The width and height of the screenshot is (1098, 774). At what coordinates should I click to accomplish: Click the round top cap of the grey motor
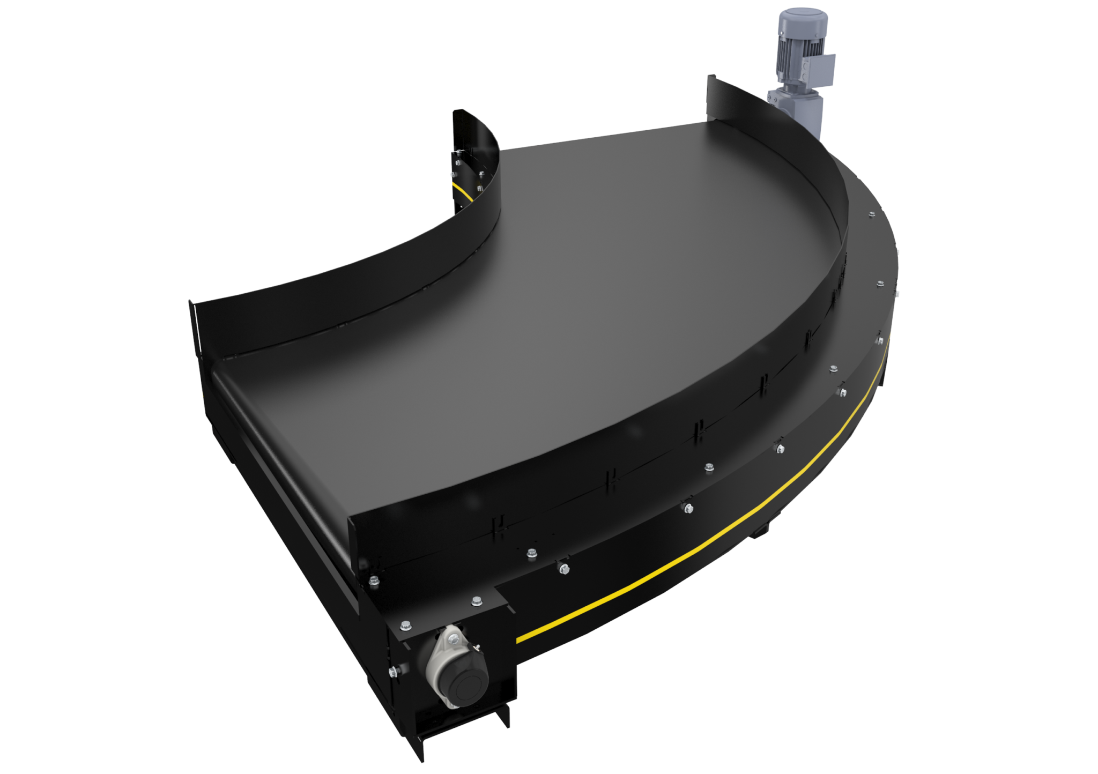(x=794, y=12)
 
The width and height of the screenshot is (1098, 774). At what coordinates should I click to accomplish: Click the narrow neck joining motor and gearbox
(x=788, y=86)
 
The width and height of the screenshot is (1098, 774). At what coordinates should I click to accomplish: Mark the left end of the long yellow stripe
(x=519, y=640)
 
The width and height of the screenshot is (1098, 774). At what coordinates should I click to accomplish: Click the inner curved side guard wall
(x=375, y=279)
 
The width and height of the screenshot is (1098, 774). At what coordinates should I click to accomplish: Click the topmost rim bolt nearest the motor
(x=868, y=214)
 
